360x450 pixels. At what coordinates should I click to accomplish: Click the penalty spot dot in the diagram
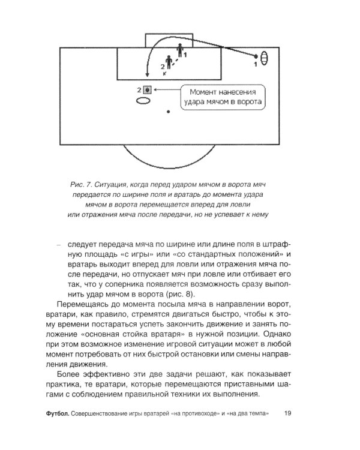[x=168, y=112]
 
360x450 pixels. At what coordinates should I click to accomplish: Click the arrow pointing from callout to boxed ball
[x=164, y=90]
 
